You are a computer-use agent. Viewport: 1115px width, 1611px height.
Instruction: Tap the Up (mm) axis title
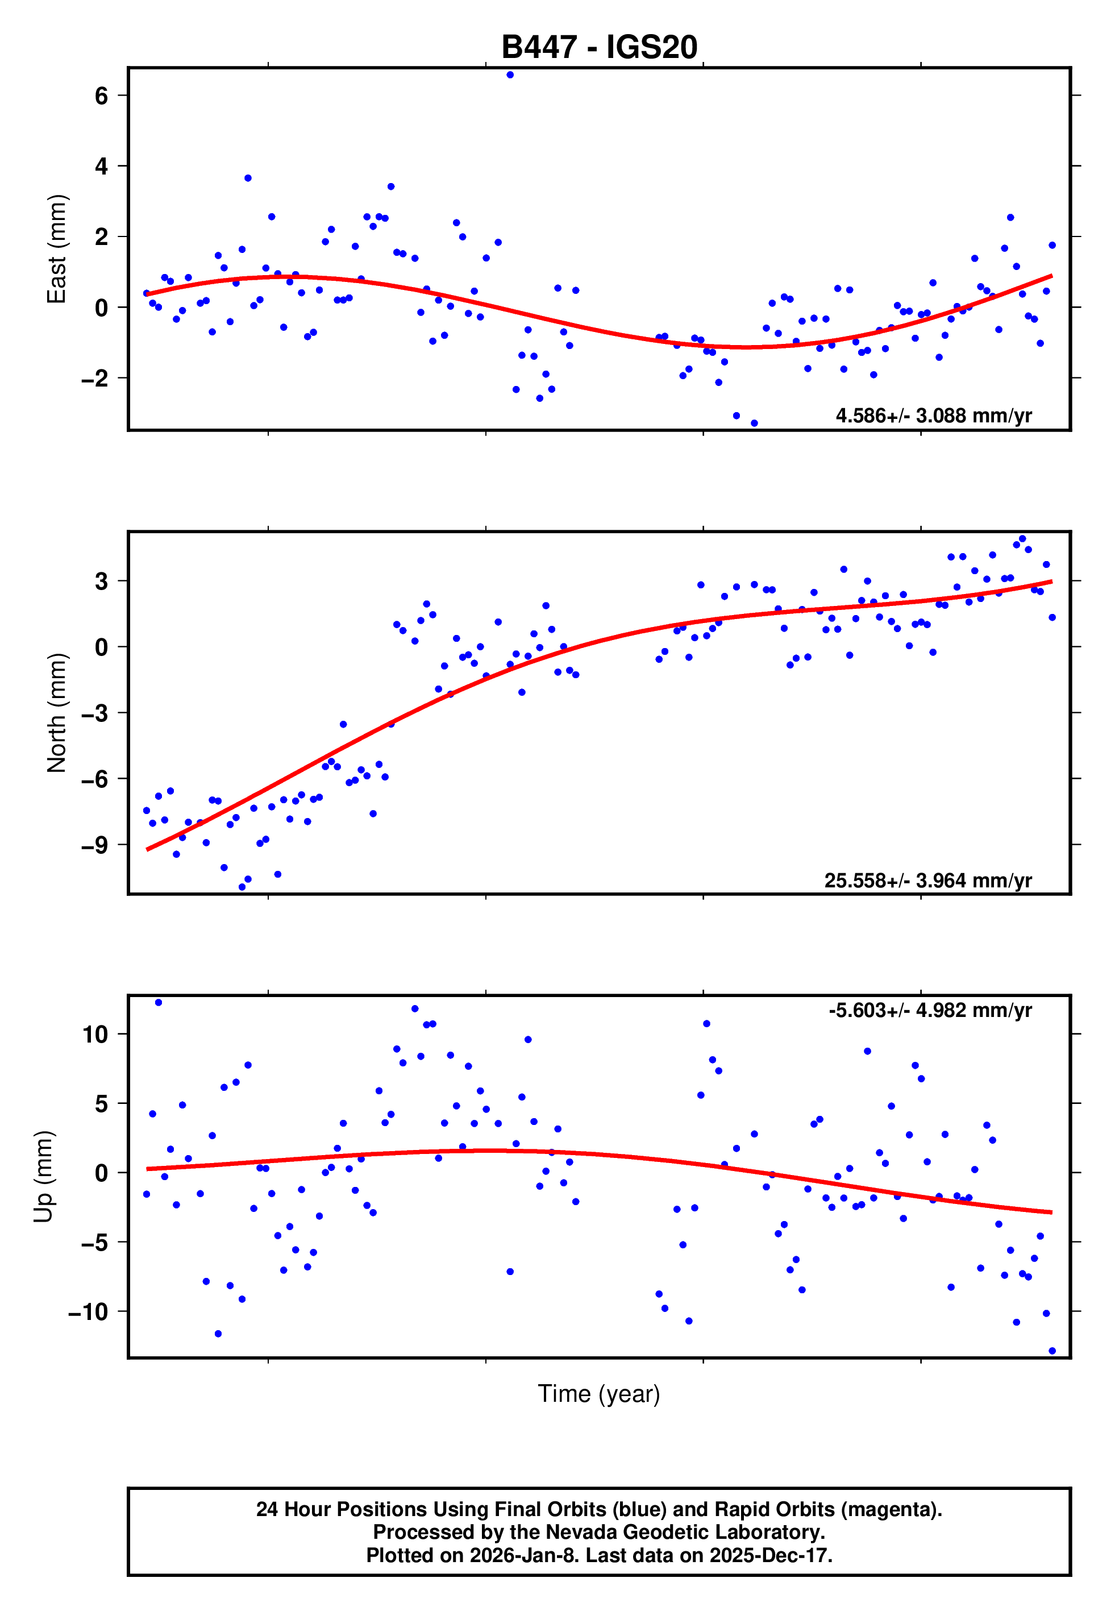point(43,1176)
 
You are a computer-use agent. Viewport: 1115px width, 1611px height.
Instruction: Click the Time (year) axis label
point(599,1393)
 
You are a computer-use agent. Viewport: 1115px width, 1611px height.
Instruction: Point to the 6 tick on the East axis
point(101,96)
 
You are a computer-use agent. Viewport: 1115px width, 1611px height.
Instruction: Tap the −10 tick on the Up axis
point(88,1312)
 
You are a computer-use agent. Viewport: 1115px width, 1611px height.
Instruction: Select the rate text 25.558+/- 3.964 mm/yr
point(928,880)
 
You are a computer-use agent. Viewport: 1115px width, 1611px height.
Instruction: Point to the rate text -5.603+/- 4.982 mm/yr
point(930,1010)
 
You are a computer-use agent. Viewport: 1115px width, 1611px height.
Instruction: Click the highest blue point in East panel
point(510,74)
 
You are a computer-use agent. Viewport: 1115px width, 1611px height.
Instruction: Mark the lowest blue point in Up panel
point(1052,1351)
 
